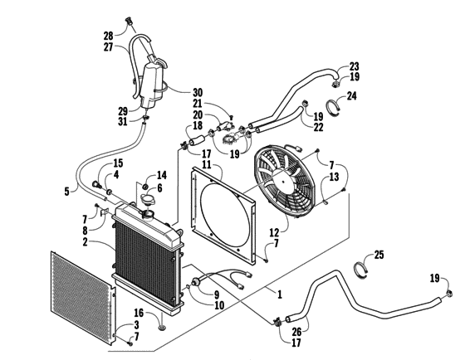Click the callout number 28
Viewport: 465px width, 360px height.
(107, 35)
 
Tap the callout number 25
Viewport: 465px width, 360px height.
(379, 254)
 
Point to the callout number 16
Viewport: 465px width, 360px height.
(139, 312)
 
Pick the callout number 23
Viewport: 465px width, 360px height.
(355, 66)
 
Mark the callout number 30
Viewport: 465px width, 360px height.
(197, 92)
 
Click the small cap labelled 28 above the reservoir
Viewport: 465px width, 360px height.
(129, 22)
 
